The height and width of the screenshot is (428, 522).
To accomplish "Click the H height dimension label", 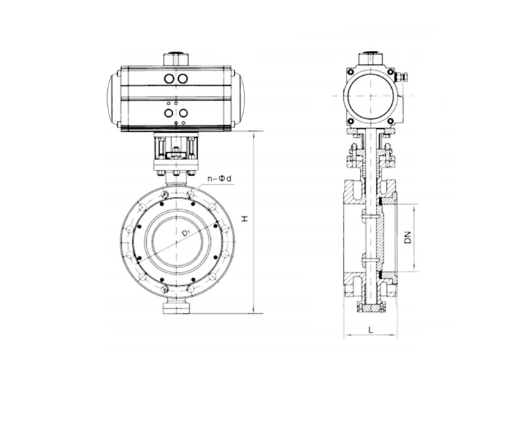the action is tap(245, 219).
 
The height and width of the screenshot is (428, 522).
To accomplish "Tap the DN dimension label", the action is tap(409, 237).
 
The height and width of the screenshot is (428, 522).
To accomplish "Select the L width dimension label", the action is tap(371, 330).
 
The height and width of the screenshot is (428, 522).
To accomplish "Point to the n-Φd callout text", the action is tap(219, 179).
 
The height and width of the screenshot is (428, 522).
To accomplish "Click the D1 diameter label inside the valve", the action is tap(186, 232).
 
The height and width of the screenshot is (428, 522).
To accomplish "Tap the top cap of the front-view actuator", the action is tap(176, 59).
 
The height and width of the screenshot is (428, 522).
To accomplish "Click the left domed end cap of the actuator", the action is tap(113, 99).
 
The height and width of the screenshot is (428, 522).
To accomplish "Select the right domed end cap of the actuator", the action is tap(239, 99).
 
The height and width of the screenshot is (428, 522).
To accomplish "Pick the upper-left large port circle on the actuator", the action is tap(169, 79).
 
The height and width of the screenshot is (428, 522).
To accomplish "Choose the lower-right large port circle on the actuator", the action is tap(184, 113).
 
